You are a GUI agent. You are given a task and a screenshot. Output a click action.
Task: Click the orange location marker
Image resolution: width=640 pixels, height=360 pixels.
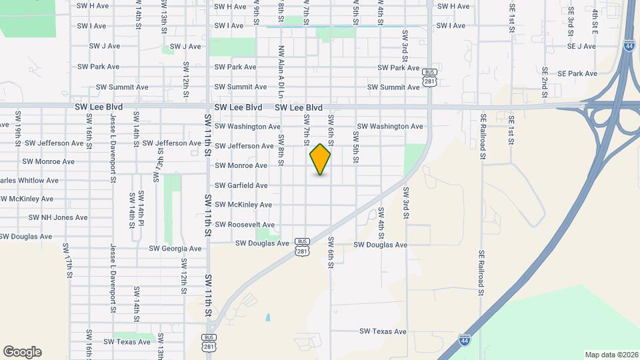click(321, 159)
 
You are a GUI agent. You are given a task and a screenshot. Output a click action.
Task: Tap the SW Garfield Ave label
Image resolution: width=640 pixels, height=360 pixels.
click(241, 185)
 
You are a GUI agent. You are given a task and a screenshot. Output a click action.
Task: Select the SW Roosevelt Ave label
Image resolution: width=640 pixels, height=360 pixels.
click(245, 225)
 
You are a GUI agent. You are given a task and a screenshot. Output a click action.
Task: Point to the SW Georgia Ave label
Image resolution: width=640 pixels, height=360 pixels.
click(176, 249)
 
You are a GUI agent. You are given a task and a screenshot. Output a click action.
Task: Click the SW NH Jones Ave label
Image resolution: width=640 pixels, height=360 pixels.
click(58, 217)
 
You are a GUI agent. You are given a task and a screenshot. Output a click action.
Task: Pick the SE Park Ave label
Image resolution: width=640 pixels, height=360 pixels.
click(577, 73)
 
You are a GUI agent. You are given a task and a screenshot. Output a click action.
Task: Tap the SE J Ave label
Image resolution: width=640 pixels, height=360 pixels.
click(581, 46)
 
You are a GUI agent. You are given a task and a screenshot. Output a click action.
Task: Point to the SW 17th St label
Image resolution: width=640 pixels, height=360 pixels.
click(67, 261)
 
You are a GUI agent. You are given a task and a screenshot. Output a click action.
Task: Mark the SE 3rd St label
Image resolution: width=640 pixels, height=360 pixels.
click(571, 22)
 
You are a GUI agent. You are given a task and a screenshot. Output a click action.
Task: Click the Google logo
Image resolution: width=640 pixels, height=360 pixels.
click(22, 352)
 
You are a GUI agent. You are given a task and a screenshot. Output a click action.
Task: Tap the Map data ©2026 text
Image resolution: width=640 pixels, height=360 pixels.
click(611, 355)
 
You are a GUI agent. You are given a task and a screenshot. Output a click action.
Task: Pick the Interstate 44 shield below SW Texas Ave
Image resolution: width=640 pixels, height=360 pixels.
click(464, 340)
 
